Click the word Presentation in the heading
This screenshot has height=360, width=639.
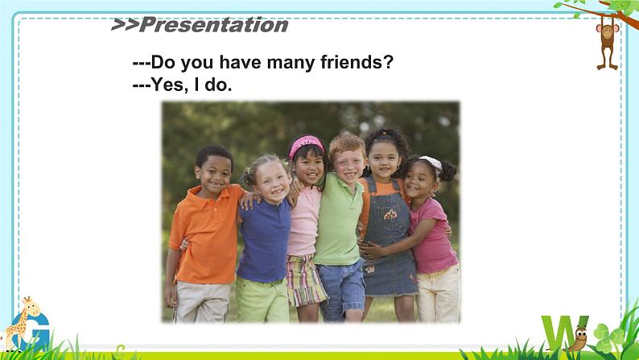click(x=214, y=25)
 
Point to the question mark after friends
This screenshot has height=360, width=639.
click(x=389, y=62)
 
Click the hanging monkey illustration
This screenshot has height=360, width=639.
click(x=608, y=46)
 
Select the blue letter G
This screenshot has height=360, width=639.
click(x=34, y=332)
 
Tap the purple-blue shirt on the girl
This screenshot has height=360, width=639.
click(x=264, y=241)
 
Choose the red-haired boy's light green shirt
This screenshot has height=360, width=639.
click(x=338, y=220)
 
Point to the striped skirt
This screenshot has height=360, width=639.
click(x=305, y=280)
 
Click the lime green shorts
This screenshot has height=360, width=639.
click(x=262, y=300)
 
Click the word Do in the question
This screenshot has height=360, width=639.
click(x=163, y=62)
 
